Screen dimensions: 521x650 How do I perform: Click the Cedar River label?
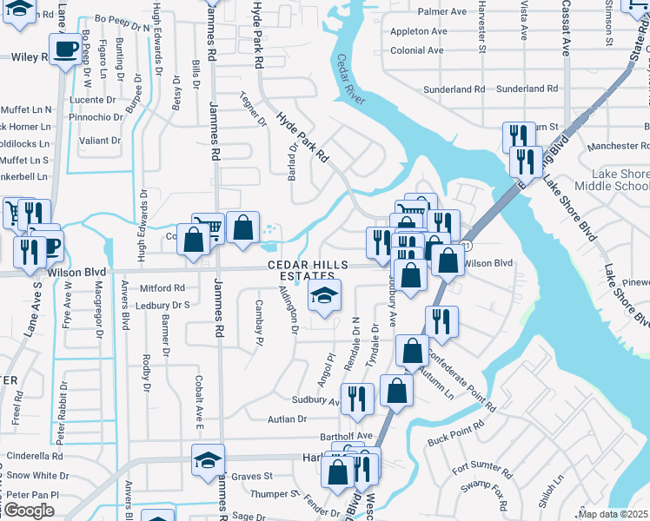[348, 79]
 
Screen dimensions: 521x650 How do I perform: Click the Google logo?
[29, 511]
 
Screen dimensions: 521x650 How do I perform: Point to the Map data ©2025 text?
[613, 514]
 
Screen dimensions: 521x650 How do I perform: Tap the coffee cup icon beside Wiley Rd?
[65, 50]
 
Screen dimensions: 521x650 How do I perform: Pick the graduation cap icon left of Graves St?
[208, 460]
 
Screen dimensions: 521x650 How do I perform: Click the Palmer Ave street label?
[442, 12]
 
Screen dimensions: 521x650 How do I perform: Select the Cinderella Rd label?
[35, 455]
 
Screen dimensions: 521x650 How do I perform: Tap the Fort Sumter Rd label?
[478, 468]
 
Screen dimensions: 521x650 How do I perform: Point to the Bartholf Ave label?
[346, 436]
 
